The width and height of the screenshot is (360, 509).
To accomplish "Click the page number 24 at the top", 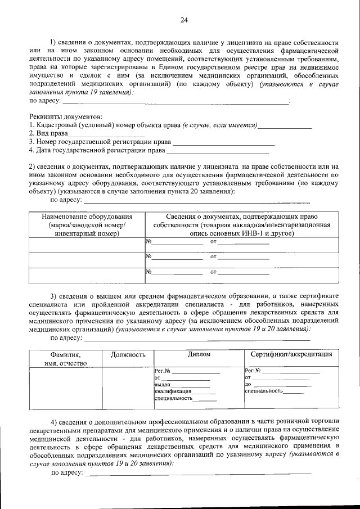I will tap(183, 21).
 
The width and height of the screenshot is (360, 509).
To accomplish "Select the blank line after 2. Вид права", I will tap(106, 134).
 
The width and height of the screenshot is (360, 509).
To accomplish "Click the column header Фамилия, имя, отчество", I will tap(65, 359).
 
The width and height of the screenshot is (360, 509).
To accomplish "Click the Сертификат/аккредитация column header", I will tap(290, 355).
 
